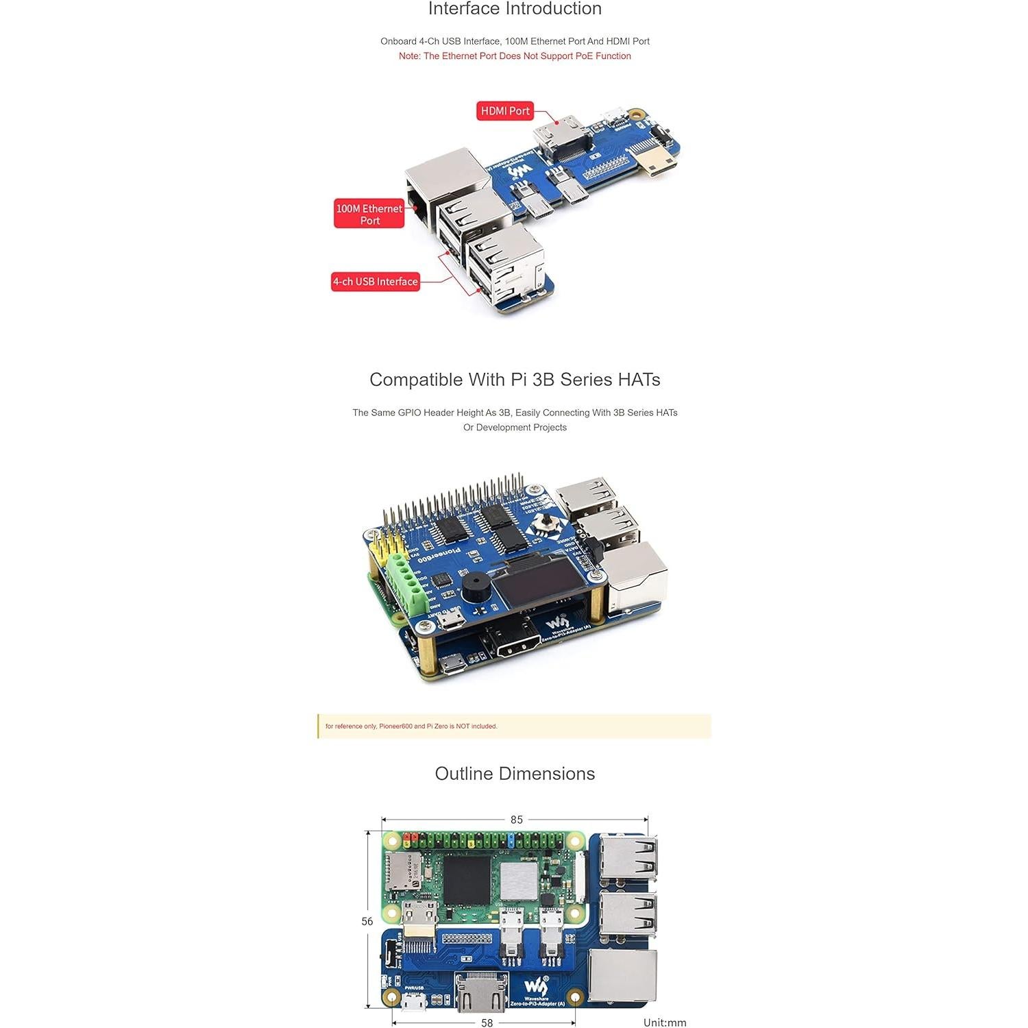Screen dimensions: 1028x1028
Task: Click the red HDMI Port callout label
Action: point(505,111)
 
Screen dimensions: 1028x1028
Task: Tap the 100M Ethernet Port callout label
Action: point(369,215)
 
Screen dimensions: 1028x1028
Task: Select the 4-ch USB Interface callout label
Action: point(375,282)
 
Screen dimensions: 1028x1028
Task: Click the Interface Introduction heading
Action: point(515,9)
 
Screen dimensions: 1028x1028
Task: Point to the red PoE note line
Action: point(515,56)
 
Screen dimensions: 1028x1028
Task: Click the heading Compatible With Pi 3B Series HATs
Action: point(515,380)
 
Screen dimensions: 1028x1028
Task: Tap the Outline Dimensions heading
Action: point(515,774)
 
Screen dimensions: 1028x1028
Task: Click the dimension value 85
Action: point(516,820)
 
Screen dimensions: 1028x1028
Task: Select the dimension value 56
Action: point(367,922)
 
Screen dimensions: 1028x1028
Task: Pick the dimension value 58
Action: point(487,1023)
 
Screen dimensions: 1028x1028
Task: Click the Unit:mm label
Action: point(665,1023)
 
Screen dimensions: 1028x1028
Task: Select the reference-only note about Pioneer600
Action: point(411,726)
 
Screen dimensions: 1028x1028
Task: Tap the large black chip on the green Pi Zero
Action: point(467,880)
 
